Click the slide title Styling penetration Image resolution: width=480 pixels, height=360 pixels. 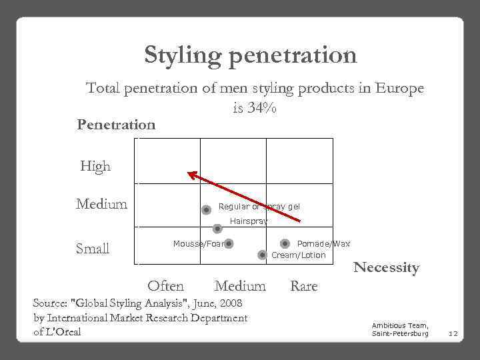pos(250,55)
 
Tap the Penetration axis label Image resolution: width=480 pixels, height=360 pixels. pos(116,125)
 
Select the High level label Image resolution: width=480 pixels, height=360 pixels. pos(95,167)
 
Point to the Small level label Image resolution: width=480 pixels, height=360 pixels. pos(93,249)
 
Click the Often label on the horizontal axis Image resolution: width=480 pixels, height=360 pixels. pos(165,286)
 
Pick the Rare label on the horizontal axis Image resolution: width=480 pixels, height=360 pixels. pos(304,286)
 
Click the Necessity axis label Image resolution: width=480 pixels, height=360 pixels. pos(386,268)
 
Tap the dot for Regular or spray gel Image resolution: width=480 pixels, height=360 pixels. pos(207,209)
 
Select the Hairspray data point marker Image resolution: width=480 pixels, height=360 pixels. pos(217,229)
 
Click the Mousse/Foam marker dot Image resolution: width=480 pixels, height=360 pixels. pos(229,244)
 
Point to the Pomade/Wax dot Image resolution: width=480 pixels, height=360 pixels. pos(285,244)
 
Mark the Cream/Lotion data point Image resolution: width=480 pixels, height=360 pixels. pos(263,255)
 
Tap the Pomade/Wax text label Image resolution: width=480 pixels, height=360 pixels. pos(323,244)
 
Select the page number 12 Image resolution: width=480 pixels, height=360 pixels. pos(453,333)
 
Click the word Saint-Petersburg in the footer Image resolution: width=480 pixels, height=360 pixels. pos(400,333)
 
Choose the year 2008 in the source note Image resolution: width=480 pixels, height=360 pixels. pos(229,303)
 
